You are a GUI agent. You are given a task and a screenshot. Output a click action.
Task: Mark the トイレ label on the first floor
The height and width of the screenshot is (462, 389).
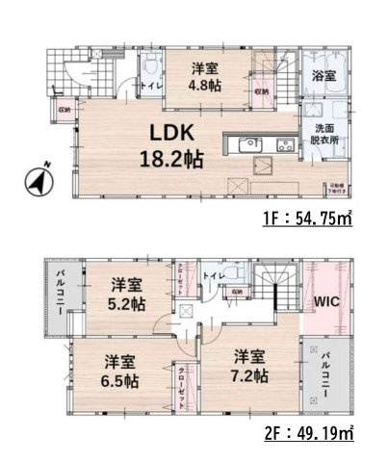151,88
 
